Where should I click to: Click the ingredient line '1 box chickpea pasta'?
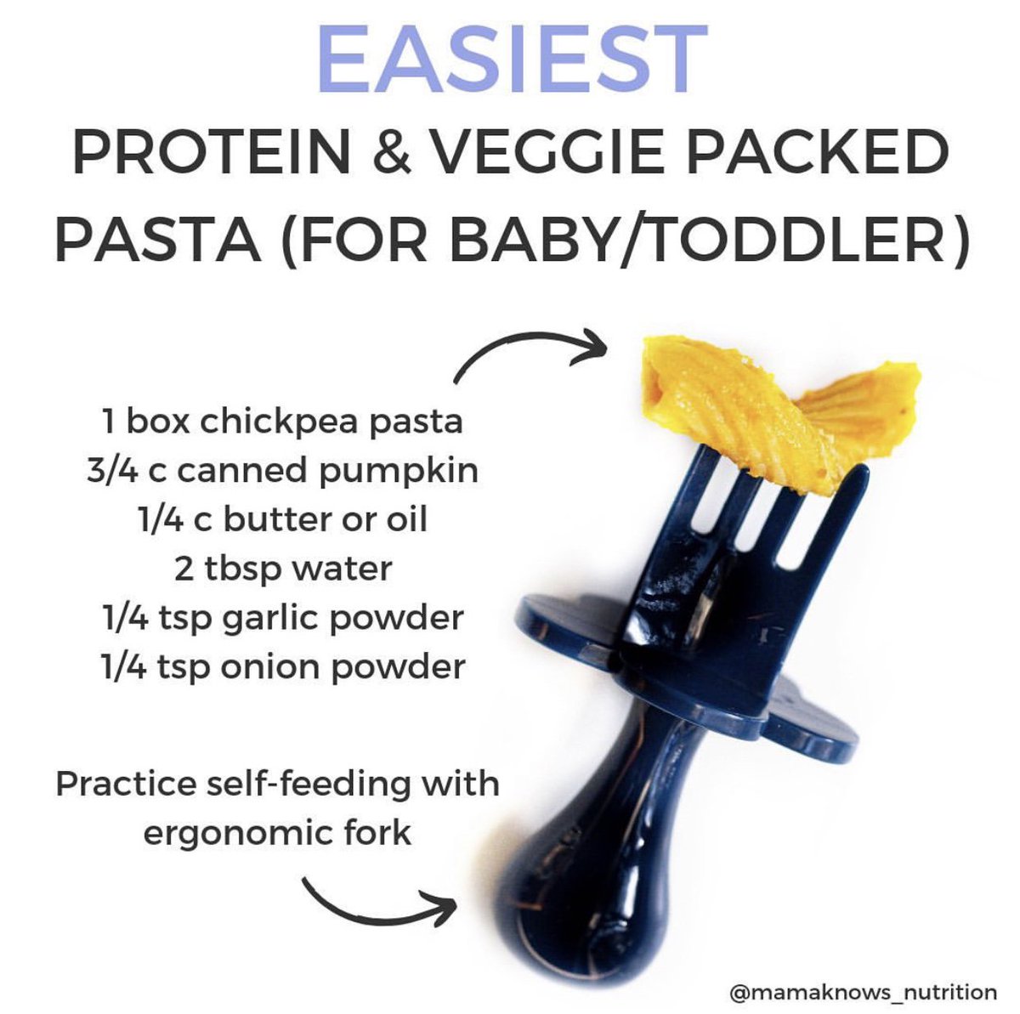[281, 422]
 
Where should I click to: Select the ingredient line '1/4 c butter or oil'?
[281, 519]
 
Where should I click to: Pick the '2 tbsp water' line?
[283, 568]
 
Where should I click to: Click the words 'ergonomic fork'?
[277, 832]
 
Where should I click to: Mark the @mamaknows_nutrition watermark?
[864, 991]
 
